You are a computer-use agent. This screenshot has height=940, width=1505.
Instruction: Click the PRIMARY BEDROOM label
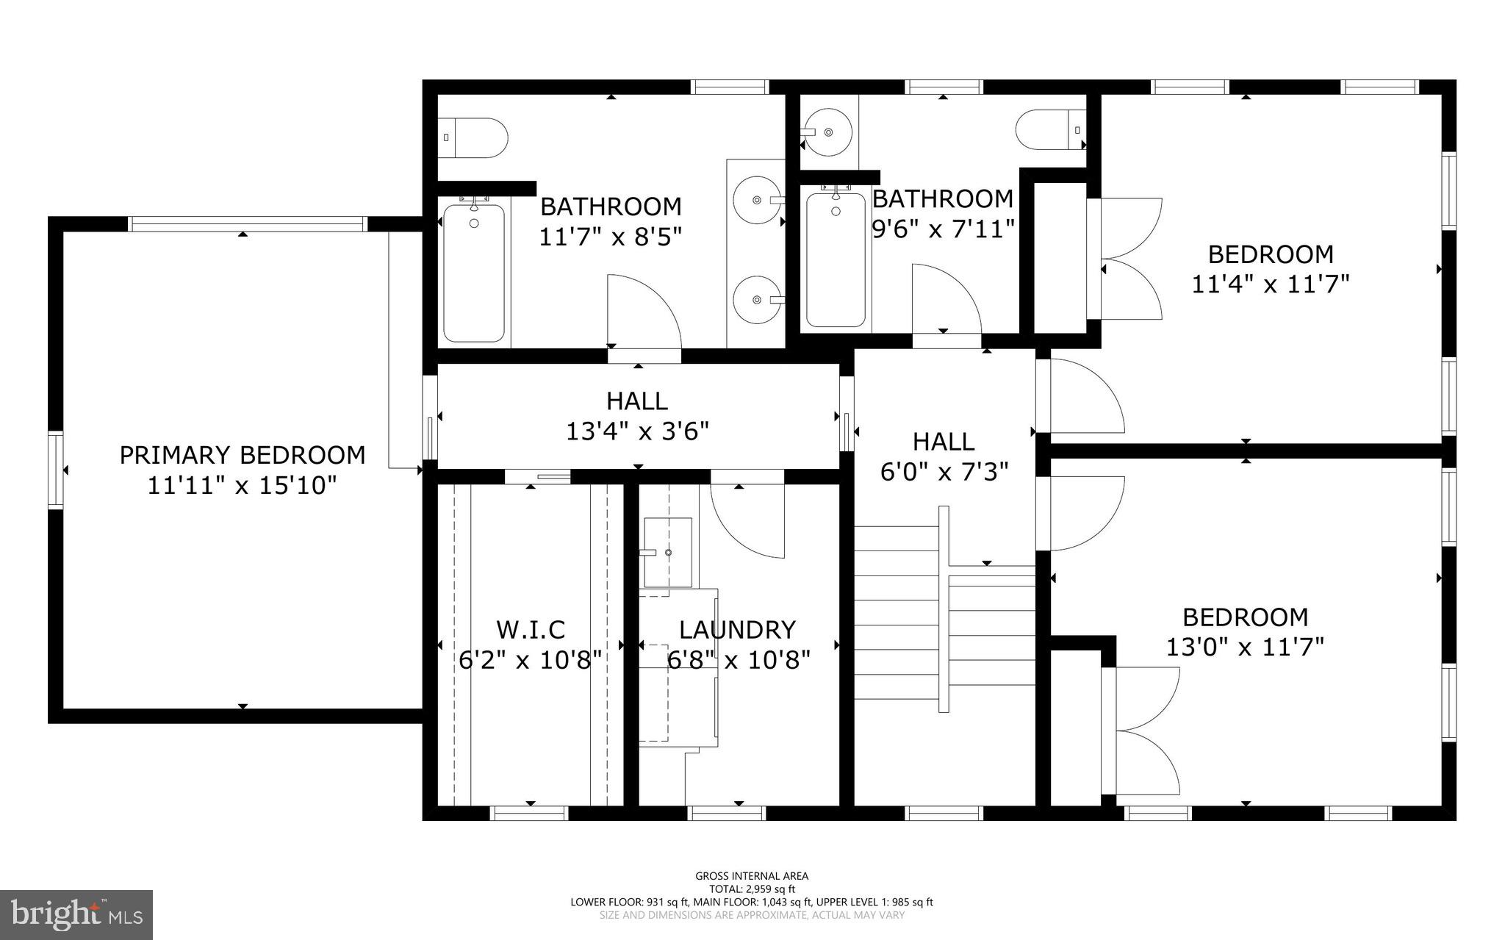[x=243, y=455]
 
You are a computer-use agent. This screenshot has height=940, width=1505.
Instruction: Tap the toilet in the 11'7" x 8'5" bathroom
[x=477, y=137]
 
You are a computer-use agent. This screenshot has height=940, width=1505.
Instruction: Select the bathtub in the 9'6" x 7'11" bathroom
[x=836, y=259]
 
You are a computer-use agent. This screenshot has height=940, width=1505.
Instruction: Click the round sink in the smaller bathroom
[x=828, y=132]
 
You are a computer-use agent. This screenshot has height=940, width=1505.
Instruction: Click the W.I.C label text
[x=531, y=630]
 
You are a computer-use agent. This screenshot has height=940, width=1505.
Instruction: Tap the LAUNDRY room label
[x=737, y=630]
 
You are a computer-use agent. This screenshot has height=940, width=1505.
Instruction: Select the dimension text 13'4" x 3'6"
[x=637, y=431]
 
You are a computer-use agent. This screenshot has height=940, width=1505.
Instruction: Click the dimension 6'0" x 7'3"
[x=944, y=471]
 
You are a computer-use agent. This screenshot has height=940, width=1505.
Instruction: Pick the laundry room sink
[x=667, y=552]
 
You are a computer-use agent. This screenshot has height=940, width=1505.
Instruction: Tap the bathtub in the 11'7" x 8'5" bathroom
[x=474, y=273]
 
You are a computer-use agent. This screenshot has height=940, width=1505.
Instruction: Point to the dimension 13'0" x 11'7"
[x=1245, y=647]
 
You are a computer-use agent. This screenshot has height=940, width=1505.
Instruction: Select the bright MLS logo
[x=76, y=914]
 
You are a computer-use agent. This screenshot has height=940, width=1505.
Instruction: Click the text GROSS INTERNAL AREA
[x=752, y=875]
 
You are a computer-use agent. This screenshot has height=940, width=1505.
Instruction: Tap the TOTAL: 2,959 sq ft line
[x=752, y=889]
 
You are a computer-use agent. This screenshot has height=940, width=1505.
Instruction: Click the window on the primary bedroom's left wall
[x=56, y=470]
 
